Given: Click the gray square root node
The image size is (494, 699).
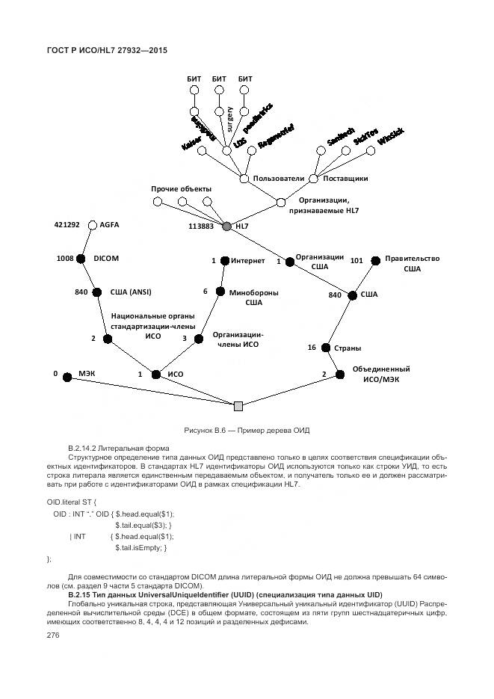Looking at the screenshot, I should coord(238,406).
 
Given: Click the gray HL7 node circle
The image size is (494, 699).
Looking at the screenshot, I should coord(227,225).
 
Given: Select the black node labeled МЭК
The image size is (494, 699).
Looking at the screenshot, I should coord(67,378).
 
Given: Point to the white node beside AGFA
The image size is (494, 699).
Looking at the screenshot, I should coord(93,224).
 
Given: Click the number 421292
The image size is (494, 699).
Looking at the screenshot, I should coord(67,224).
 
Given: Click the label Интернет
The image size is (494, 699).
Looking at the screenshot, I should coord(248,261).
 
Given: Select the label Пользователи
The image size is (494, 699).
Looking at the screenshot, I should coord(279,179).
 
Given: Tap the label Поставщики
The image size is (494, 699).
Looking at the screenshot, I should coord(345,179).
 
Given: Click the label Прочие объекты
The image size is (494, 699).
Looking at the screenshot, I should coord(182,188).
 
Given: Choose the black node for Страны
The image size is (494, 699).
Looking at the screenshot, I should coord(327,348).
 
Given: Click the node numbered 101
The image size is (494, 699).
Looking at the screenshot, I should coord(374,260).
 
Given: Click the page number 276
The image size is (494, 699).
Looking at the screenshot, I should coord(52,635).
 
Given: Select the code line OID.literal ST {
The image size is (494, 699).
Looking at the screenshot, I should coord(72,502).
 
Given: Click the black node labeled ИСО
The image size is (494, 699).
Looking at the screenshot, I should coord(156,374).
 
